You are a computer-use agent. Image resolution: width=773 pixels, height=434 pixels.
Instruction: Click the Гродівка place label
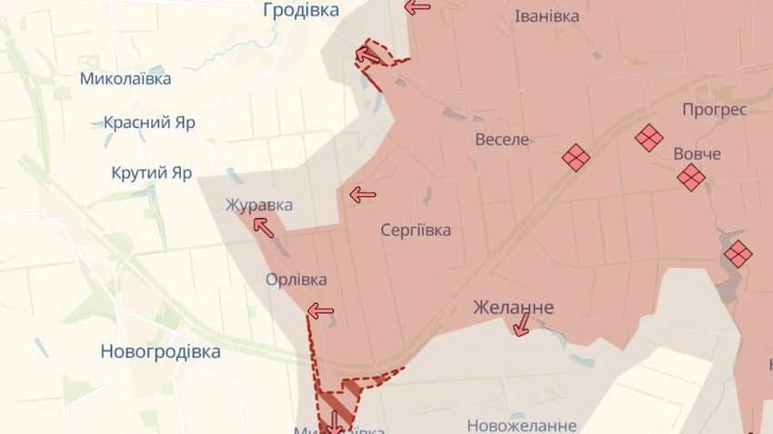click(x=300, y=10)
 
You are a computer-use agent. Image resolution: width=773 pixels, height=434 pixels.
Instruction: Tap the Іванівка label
click(x=547, y=16)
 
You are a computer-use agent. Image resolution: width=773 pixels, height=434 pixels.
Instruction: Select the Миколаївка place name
click(x=125, y=79)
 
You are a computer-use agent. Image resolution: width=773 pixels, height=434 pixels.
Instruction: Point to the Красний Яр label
click(x=149, y=123)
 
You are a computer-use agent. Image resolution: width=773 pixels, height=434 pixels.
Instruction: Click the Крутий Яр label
click(x=152, y=173)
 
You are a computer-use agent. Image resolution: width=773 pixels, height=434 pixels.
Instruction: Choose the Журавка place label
click(x=259, y=205)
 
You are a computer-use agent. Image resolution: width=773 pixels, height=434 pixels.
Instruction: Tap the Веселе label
click(x=502, y=140)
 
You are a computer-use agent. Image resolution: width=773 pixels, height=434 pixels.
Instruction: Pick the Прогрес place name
click(x=715, y=110)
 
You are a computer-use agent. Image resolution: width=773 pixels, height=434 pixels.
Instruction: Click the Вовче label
click(x=698, y=153)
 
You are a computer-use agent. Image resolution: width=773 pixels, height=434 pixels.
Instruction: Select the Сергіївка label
click(x=416, y=230)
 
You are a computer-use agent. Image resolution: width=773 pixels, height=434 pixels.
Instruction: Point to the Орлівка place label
click(x=296, y=280)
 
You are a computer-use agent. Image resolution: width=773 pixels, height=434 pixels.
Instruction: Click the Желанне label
click(x=513, y=309)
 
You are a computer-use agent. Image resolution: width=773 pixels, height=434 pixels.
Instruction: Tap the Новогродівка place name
click(x=160, y=352)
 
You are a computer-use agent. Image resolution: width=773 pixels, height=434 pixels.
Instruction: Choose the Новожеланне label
click(x=522, y=425)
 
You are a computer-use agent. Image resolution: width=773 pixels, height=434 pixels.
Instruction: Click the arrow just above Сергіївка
click(x=362, y=193)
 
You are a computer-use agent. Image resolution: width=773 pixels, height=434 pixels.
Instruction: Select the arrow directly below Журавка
click(x=263, y=227)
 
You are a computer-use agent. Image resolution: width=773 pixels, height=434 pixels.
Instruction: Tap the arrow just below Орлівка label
click(x=320, y=311)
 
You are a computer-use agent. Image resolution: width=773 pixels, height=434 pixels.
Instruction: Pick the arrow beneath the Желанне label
click(x=521, y=327)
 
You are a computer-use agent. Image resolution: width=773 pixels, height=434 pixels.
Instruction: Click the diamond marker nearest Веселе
click(x=576, y=158)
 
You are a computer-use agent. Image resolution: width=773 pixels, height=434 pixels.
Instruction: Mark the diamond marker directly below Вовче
click(x=691, y=177)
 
